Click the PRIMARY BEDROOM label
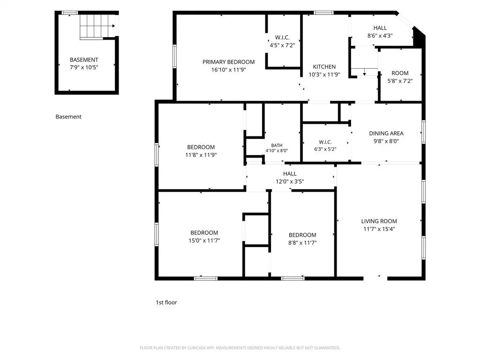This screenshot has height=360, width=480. (x=228, y=62)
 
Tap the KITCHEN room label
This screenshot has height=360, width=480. (x=324, y=67)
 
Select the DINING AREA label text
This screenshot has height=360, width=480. (x=386, y=134)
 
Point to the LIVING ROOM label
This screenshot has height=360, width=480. (x=379, y=221)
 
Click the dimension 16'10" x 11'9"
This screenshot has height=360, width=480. (x=228, y=70)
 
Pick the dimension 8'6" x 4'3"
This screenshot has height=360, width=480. (x=380, y=36)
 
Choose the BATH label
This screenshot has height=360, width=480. (x=277, y=145)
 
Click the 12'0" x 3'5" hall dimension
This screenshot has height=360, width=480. (x=290, y=181)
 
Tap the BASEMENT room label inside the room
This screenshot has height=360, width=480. (x=84, y=60)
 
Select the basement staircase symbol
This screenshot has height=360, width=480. (x=97, y=27)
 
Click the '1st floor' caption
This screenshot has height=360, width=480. (x=166, y=302)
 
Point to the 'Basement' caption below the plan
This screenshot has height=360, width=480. (x=68, y=117)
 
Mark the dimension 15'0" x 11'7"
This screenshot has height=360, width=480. (x=204, y=240)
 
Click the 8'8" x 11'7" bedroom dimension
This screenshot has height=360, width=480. (x=302, y=243)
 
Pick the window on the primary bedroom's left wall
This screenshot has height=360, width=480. (x=174, y=56)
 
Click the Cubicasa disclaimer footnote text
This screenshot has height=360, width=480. (x=240, y=348)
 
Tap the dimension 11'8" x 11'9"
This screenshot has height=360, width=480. (x=201, y=155)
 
